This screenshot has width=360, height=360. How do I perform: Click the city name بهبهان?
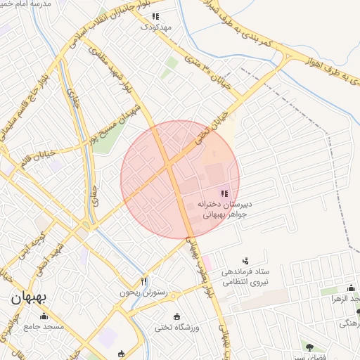click(x=28, y=297)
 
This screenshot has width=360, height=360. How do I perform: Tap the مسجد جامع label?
click(x=44, y=326)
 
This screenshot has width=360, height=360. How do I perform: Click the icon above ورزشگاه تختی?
click(x=176, y=316)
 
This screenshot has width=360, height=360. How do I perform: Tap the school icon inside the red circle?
click(x=224, y=193)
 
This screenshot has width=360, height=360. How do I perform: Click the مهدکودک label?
click(x=155, y=27)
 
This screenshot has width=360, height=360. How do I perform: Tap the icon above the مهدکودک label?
click(x=155, y=15)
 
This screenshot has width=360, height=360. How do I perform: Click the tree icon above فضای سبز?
click(x=309, y=346)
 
